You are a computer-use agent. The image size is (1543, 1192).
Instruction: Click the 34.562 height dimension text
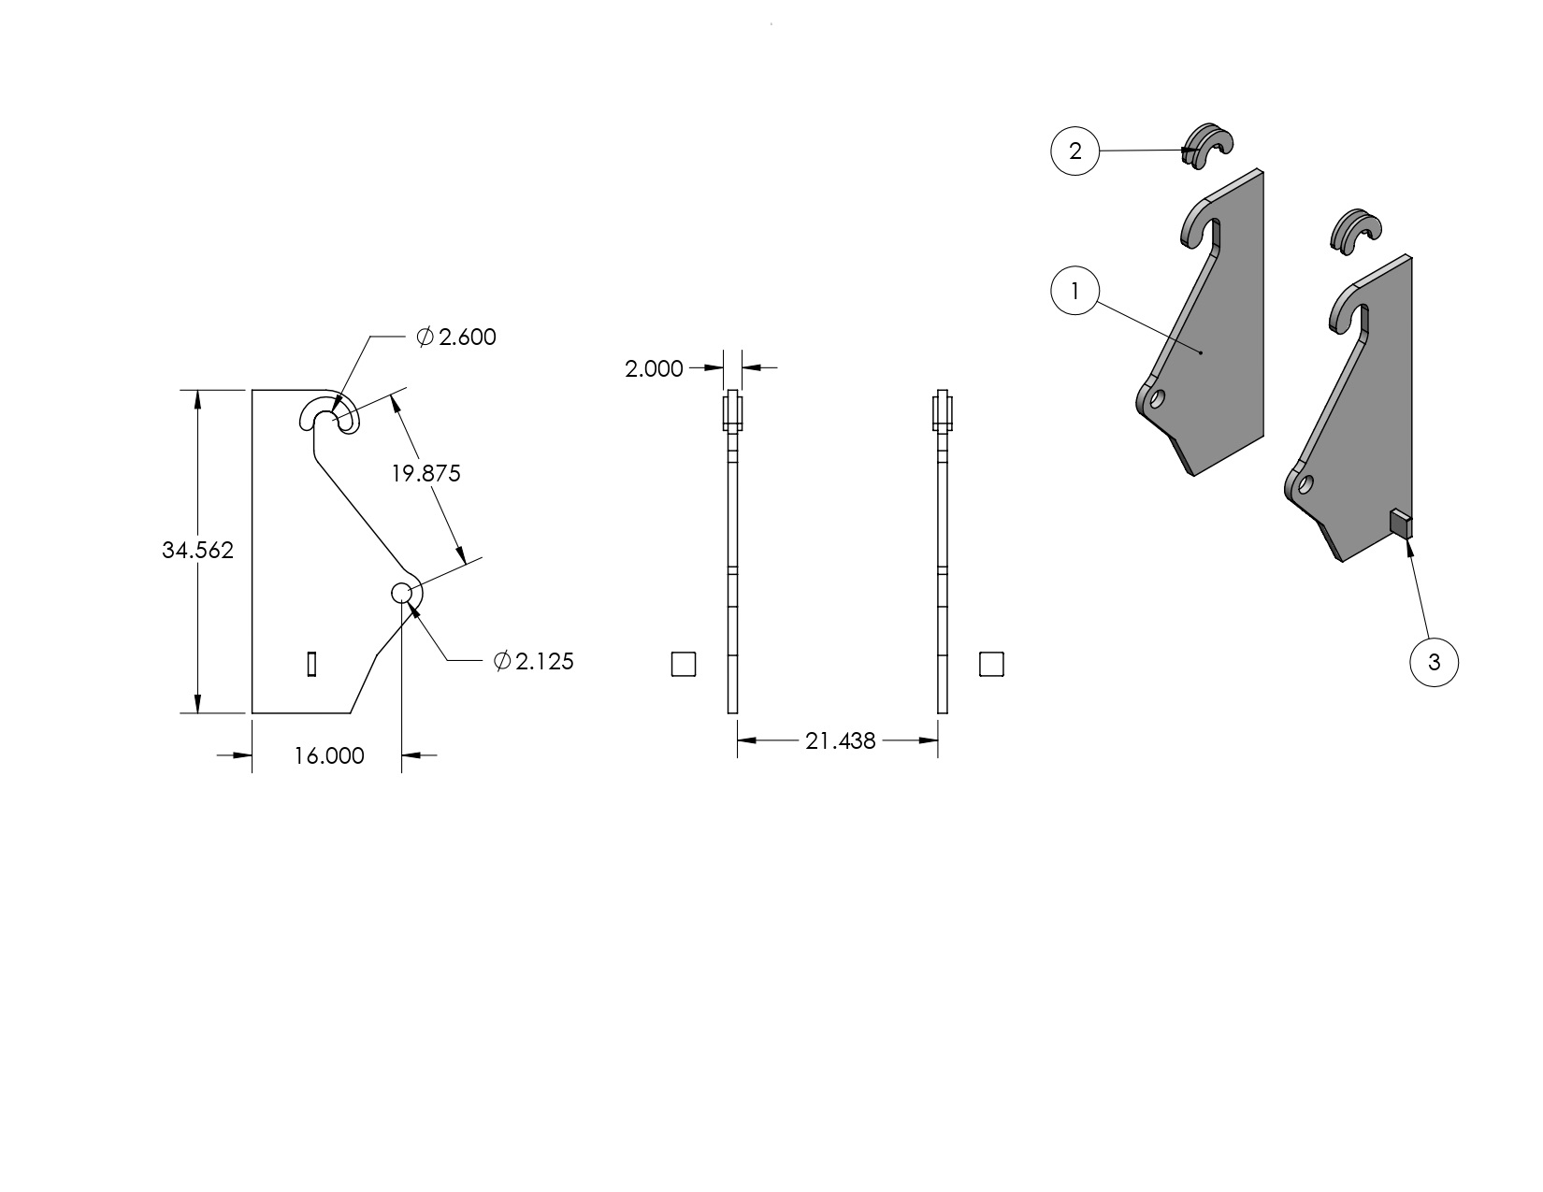point(197,551)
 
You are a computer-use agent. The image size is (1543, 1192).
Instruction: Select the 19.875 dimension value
point(425,474)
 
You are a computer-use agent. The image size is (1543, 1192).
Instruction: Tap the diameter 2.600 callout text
point(456,337)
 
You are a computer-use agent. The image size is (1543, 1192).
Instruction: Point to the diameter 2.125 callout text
point(533,662)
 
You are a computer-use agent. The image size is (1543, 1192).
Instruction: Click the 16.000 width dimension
point(328,756)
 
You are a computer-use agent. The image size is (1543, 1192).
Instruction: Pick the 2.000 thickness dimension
point(654,369)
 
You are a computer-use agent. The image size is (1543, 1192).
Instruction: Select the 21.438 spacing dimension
point(840,741)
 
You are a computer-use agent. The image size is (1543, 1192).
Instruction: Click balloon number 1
point(1074,292)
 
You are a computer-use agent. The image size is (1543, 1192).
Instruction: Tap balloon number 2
point(1074,151)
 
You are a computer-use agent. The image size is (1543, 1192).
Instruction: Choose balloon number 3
point(1434,663)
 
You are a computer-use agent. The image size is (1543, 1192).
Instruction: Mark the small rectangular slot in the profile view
point(312,663)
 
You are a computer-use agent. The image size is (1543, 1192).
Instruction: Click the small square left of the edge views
point(684,664)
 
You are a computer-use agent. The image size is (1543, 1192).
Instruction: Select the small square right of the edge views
point(991,664)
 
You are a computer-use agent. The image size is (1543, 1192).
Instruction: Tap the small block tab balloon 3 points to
point(1399,524)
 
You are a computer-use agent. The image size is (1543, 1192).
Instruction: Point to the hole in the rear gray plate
point(1158,398)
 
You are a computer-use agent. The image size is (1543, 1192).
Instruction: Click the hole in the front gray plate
point(1305,484)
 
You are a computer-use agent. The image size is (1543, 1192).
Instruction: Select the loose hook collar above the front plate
point(1354,231)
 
